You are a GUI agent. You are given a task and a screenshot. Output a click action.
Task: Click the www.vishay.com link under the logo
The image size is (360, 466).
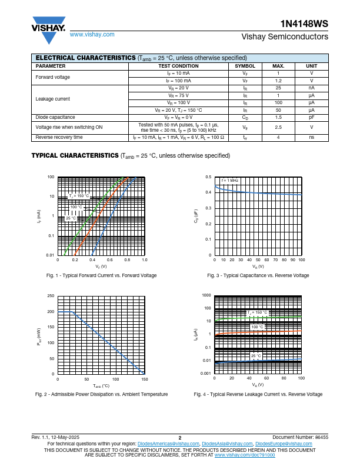point(92,35)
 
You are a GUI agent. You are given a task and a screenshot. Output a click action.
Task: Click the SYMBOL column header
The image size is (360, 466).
point(245,66)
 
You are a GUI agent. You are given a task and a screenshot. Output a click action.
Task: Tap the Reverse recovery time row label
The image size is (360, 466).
point(59,137)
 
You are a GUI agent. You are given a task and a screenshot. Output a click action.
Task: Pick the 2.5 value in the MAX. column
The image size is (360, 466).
point(279,127)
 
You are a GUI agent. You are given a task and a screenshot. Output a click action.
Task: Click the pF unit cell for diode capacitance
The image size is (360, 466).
point(311,117)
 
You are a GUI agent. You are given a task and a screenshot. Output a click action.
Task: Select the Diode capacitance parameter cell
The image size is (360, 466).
point(55,117)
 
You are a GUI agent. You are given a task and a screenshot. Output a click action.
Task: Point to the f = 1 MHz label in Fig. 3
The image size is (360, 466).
point(230,180)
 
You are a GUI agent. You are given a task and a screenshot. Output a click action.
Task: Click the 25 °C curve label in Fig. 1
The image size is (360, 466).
point(71,218)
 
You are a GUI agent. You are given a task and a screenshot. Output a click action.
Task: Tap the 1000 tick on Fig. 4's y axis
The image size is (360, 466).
point(206,295)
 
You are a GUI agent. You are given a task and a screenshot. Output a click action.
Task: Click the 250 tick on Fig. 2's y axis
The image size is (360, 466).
point(51,296)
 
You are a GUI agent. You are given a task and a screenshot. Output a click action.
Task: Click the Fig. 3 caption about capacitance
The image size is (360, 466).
point(258,275)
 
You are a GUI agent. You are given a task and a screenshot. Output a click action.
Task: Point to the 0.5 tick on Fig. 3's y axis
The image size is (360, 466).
point(208,177)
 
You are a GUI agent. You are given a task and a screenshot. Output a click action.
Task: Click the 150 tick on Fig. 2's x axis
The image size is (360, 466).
point(144,380)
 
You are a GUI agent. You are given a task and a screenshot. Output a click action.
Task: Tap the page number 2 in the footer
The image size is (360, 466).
point(180,438)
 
